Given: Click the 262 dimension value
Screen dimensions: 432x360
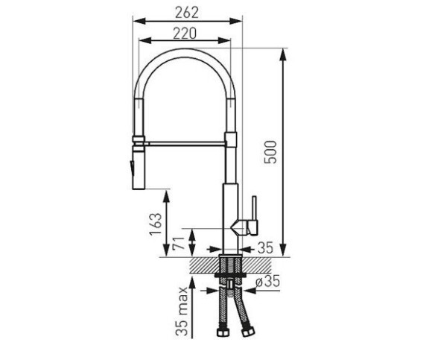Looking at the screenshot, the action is (x=187, y=13).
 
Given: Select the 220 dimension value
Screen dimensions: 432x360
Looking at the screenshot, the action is (x=185, y=34).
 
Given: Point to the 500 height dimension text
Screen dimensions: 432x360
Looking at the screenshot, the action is (x=270, y=152).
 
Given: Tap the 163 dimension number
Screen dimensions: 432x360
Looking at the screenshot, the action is (x=156, y=224).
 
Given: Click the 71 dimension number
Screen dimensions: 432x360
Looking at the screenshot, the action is (x=178, y=243).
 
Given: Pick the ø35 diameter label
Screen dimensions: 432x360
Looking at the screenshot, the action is (x=267, y=282).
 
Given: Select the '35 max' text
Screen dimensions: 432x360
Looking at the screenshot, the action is (x=182, y=311).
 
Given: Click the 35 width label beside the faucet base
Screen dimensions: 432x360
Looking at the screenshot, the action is (x=265, y=247).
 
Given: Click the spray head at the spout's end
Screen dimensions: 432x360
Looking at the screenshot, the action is (x=139, y=168).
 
